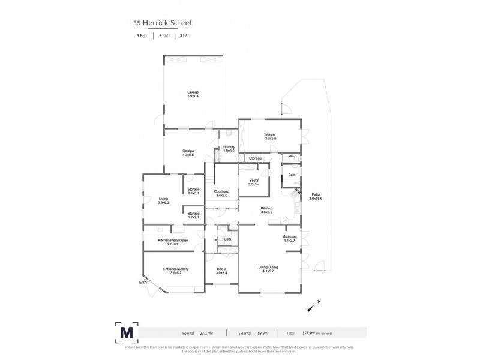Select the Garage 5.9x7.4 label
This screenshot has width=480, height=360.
(x=192, y=94)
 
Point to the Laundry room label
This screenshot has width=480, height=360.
(x=228, y=149)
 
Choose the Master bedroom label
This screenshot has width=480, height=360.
(x=269, y=137)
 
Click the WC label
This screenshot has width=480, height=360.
(x=291, y=156)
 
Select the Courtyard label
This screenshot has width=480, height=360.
(x=221, y=193)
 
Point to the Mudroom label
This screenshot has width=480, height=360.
(x=290, y=238)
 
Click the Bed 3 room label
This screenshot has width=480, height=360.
(x=221, y=271)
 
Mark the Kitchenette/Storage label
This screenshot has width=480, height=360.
(x=173, y=242)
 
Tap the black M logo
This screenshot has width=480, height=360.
(x=127, y=332)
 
